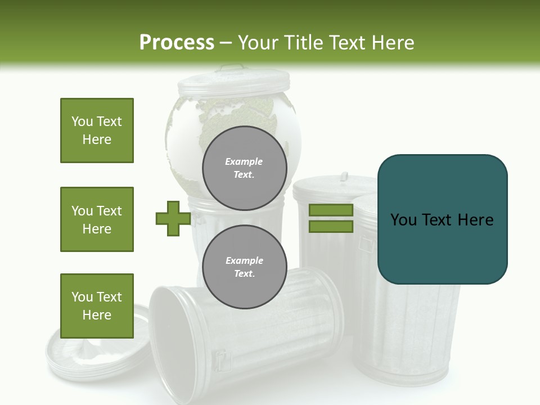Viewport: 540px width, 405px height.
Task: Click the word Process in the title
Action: pos(177,43)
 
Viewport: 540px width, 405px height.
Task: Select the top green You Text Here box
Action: pos(97,130)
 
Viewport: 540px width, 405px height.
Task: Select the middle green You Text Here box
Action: pos(97,219)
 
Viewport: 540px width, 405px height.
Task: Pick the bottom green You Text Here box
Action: pos(97,306)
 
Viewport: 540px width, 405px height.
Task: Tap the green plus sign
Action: pos(173,218)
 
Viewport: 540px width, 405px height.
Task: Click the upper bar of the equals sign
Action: pos(331,210)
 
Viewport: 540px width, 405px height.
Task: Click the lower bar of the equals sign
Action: pos(331,227)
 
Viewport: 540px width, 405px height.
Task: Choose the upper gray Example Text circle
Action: pos(244,168)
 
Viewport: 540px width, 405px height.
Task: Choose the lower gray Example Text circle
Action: pos(244,267)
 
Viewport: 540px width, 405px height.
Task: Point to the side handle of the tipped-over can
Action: pos(222,360)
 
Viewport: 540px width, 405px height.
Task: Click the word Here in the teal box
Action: pos(475,220)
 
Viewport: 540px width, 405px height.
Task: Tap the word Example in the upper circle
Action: pos(244,161)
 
